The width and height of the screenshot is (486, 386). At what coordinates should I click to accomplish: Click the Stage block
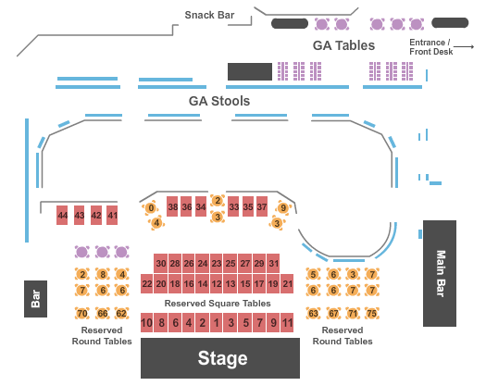click(x=220, y=358)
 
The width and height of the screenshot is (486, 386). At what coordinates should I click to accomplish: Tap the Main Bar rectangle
click(x=440, y=273)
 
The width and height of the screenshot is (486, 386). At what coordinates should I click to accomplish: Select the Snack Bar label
click(x=209, y=15)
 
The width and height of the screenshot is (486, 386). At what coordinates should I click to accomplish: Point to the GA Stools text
click(x=219, y=101)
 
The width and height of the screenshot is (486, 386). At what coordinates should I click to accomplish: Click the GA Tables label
click(x=343, y=45)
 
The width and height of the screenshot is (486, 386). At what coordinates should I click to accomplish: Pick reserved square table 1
click(x=217, y=322)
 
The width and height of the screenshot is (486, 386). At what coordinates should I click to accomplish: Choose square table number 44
click(x=62, y=215)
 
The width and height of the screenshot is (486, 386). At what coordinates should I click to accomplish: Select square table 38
click(x=172, y=206)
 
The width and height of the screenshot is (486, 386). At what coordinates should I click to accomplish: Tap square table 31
click(x=273, y=263)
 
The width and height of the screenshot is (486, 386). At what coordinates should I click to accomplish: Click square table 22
click(x=147, y=283)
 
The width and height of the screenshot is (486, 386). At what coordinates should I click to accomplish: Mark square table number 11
click(x=287, y=322)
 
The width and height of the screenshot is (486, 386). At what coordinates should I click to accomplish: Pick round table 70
click(x=82, y=313)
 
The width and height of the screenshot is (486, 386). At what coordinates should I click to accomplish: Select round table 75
click(x=371, y=313)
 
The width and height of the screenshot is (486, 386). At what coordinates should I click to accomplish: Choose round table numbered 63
click(x=313, y=313)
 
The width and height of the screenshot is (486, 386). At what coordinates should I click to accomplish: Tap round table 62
click(x=121, y=313)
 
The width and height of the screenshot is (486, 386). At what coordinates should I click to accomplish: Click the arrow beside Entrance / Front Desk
click(x=464, y=47)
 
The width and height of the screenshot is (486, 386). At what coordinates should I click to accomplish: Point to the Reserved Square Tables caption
click(x=218, y=304)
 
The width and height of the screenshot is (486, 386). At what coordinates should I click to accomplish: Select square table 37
click(x=262, y=206)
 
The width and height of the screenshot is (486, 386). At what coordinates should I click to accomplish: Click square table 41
click(x=112, y=215)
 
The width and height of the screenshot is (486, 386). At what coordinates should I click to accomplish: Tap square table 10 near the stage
click(x=147, y=322)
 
